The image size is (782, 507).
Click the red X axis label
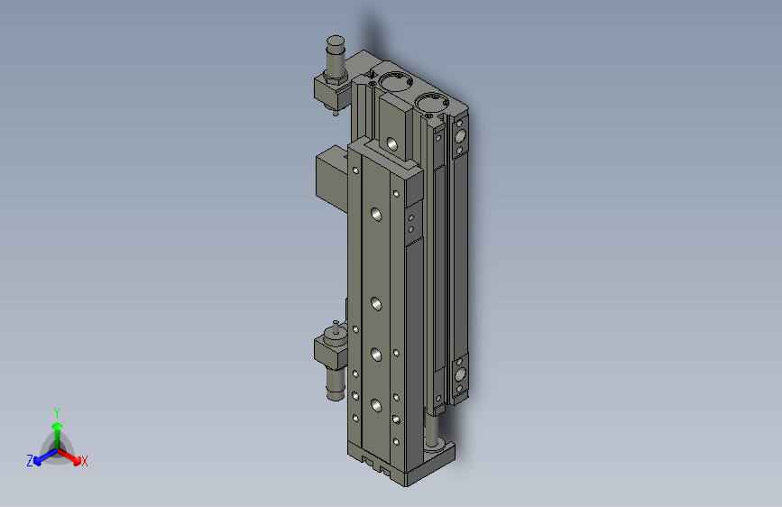tap(84, 461)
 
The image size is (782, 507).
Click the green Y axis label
tap(57, 412)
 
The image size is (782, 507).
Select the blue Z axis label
tap(30, 461)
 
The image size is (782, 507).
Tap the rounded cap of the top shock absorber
tap(336, 41)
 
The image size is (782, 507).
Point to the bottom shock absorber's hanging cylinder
tap(336, 383)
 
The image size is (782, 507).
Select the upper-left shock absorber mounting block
tap(331, 91)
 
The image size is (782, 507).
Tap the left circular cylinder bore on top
tap(395, 81)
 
